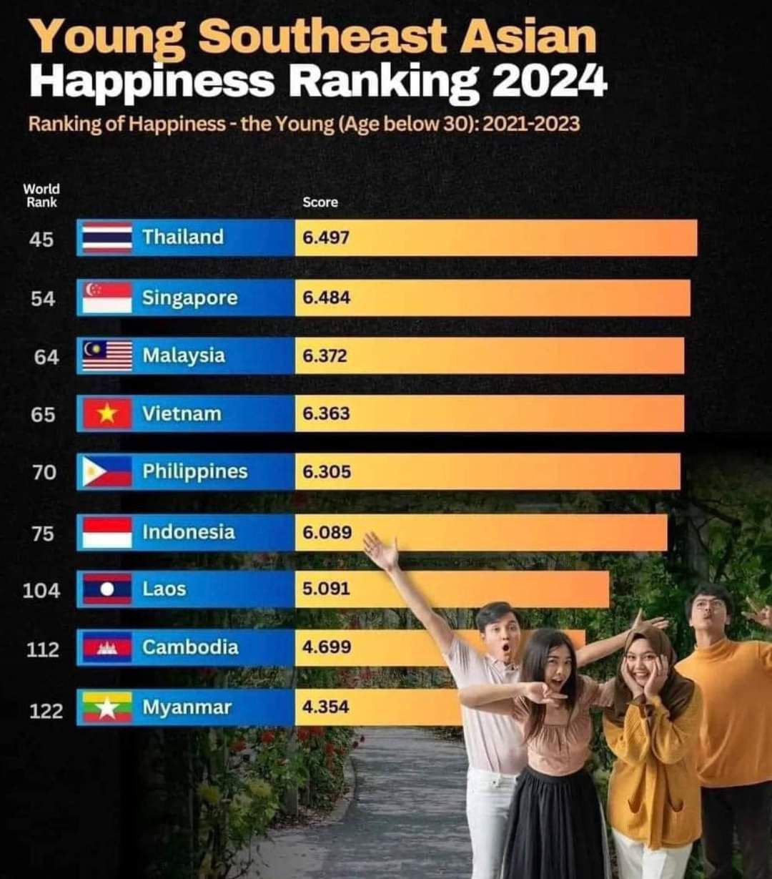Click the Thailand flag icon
[x=107, y=237]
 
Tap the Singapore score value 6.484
[x=326, y=297]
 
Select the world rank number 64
[x=46, y=356]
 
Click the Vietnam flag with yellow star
[x=107, y=414]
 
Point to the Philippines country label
[x=194, y=471]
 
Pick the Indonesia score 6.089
[x=327, y=532]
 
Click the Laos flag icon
[x=107, y=589]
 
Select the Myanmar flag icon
[x=107, y=707]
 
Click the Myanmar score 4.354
[x=325, y=707]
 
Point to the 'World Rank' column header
[x=41, y=195]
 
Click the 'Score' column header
[x=320, y=202]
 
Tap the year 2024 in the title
[x=549, y=82]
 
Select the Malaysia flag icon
[x=107, y=355]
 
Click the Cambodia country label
[x=189, y=647]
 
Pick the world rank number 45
[x=41, y=239]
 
